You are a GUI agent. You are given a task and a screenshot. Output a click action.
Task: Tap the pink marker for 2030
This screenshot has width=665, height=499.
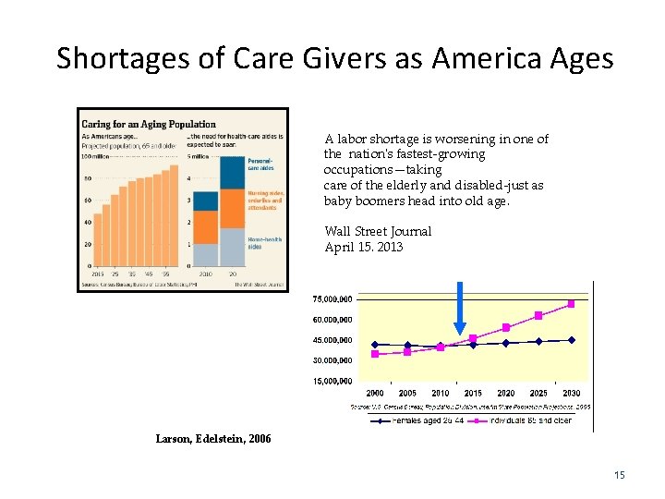(572, 304)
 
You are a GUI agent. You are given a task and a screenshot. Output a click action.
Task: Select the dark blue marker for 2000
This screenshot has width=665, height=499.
(375, 345)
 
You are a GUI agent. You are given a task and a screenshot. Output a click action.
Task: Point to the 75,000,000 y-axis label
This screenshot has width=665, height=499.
(331, 299)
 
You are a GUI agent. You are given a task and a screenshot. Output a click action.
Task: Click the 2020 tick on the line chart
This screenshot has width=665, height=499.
(505, 393)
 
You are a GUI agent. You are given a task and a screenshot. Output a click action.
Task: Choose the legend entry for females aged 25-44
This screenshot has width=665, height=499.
(416, 420)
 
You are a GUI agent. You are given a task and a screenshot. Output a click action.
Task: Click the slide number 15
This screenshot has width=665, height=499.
(620, 475)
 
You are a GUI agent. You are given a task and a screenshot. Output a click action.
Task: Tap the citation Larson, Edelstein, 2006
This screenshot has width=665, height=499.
(213, 439)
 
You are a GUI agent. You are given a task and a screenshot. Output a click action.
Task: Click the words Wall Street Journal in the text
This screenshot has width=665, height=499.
(378, 231)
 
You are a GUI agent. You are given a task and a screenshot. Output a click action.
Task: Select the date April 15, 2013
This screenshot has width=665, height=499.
(364, 247)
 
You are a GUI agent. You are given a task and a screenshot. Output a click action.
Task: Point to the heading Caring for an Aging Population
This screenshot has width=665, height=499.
(149, 124)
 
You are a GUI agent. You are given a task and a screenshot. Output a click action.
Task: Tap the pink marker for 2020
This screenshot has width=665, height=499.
(506, 327)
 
